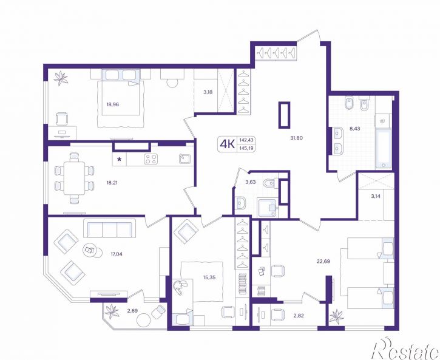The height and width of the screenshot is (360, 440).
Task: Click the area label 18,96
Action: tap(112, 104)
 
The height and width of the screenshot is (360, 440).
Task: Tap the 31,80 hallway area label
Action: tap(296, 138)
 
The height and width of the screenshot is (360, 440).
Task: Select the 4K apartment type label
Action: tap(228, 144)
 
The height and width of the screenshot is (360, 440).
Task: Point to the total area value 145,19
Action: tap(246, 148)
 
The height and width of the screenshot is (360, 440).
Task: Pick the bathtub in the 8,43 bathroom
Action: tap(384, 149)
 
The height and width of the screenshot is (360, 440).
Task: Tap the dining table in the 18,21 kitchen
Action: tap(74, 178)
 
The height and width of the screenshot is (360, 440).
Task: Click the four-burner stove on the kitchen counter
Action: tap(151, 159)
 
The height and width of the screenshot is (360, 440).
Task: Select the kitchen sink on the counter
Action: tap(185, 158)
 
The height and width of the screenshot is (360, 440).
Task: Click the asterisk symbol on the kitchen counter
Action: tap(120, 160)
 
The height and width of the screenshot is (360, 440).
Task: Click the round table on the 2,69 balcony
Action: tap(144, 319)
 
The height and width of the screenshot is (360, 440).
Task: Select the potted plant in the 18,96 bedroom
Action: tap(61, 78)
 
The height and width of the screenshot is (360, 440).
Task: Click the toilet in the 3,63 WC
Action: tap(270, 183)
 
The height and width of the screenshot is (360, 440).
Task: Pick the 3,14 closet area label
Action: tap(376, 197)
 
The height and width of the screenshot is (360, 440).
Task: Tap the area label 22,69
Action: tap(323, 261)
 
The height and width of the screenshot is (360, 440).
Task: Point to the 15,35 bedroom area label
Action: tap(209, 277)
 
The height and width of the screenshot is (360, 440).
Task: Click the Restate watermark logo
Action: tap(406, 348)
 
